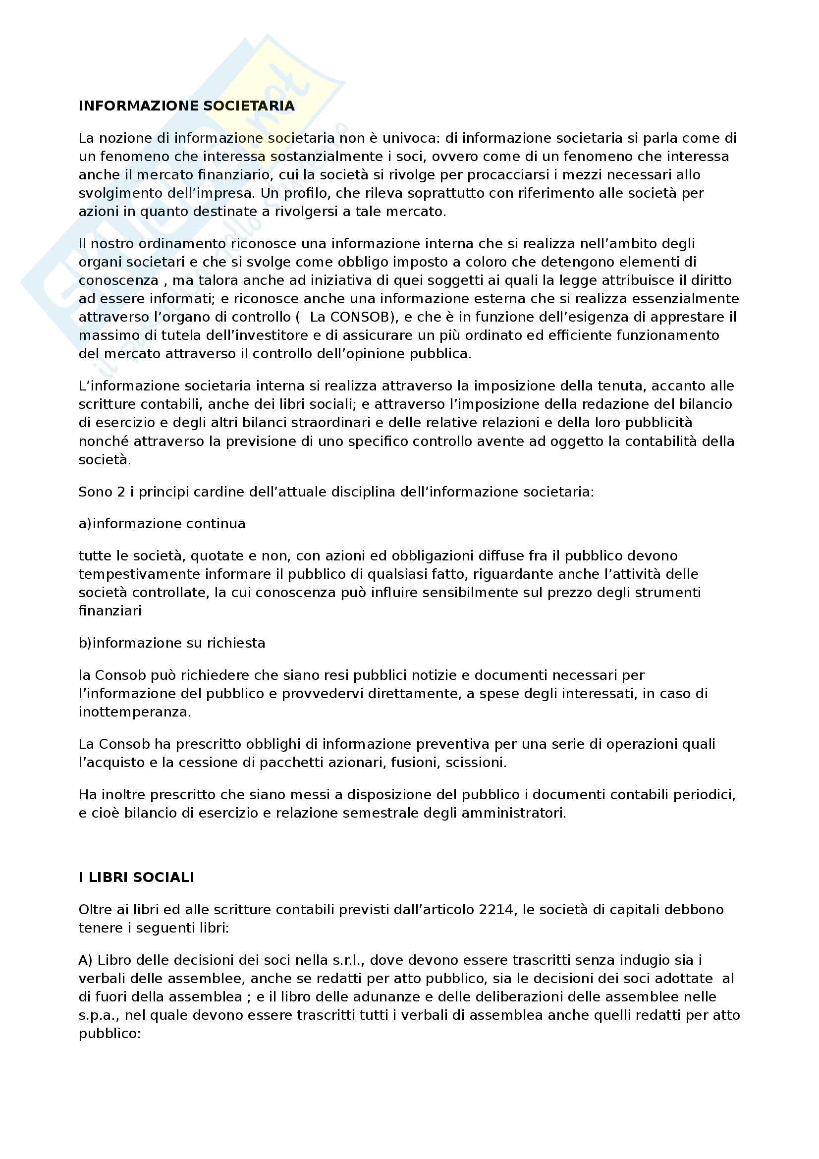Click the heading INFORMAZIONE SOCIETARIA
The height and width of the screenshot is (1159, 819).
tap(186, 106)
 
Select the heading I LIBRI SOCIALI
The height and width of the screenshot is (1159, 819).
tap(136, 878)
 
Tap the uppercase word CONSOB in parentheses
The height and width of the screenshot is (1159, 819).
tap(360, 317)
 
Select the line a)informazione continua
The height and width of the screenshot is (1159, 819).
tap(162, 523)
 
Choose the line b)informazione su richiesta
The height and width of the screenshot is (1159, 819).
tap(171, 643)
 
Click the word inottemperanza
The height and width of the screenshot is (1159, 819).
tap(135, 712)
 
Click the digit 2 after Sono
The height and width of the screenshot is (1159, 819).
tap(121, 492)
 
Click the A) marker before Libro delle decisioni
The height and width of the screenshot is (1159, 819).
tap(85, 960)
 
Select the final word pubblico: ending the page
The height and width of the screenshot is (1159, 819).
tap(109, 1033)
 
